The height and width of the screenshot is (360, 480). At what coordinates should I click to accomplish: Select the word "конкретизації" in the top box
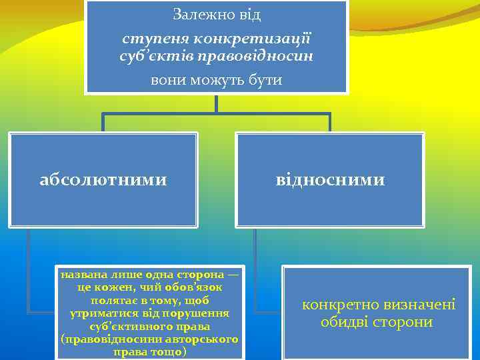click(246, 39)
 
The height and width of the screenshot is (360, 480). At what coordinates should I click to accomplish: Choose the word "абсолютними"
click(103, 180)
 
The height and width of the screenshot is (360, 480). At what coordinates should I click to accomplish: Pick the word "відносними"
click(331, 180)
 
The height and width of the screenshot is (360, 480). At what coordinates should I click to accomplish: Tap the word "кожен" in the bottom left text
click(117, 287)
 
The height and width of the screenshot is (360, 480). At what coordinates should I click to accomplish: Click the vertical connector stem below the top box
click(216, 103)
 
